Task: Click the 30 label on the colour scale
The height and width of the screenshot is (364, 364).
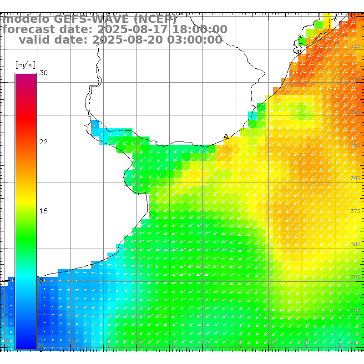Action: (43, 73)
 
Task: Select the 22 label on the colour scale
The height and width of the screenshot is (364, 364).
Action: (43, 142)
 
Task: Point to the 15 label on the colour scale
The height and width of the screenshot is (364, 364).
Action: (43, 211)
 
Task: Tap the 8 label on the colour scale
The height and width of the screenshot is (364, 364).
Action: (41, 280)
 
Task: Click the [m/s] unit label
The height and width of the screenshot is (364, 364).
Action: (25, 65)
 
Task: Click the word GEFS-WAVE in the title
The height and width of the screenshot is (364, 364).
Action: (94, 19)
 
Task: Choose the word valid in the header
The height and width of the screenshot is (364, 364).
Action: (35, 40)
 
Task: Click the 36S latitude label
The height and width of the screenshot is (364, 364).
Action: (356, 178)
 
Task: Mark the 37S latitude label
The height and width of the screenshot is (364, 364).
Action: (356, 211)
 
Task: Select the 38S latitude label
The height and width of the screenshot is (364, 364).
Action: (356, 244)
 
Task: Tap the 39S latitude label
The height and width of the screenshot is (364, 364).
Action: (356, 277)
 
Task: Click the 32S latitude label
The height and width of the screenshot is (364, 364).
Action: (356, 46)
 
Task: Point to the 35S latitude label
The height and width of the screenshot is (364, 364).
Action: (356, 145)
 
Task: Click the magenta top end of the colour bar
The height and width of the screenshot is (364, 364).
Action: (25, 76)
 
